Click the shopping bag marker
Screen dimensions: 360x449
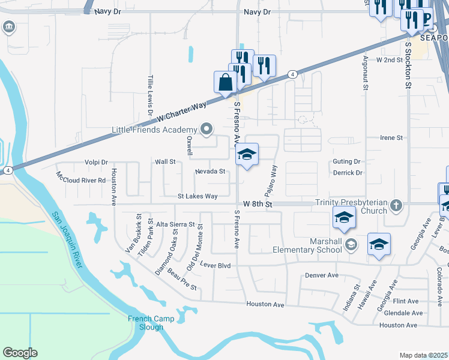(225, 83)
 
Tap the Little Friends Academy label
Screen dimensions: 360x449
(155, 130)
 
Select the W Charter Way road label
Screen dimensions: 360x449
(180, 112)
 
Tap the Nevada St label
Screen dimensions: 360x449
(210, 172)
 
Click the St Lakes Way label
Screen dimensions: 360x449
(197, 196)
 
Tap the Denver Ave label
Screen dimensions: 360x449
(322, 275)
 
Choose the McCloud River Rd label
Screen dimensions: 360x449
(81, 179)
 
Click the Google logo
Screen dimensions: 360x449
(20, 353)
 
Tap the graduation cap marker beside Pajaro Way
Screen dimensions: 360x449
(247, 155)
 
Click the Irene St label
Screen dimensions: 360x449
(391, 137)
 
